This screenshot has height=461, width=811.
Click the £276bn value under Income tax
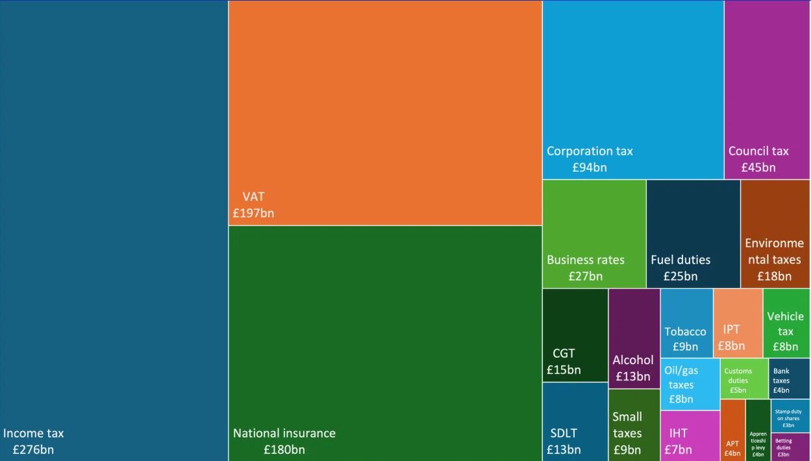point(33,450)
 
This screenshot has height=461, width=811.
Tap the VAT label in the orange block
point(253,197)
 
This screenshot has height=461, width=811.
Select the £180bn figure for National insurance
point(284,450)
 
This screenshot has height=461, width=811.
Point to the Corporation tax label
point(590,151)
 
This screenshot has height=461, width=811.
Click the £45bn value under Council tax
point(758,168)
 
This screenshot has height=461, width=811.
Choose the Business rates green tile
point(594,234)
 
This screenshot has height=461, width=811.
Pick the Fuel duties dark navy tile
point(693,234)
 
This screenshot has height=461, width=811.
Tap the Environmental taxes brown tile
point(775,234)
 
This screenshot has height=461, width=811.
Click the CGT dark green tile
point(575,336)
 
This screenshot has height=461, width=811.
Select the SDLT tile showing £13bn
point(575,422)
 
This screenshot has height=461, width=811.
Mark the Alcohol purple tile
point(634,339)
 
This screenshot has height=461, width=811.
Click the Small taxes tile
point(634,425)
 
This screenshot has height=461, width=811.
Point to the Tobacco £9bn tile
point(686,323)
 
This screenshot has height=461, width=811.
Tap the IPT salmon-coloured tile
point(738,323)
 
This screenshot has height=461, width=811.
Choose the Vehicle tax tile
point(786,323)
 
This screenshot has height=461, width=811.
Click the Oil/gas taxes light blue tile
point(690,384)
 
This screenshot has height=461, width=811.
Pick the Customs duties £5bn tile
point(744,378)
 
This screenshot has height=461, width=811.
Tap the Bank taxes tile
point(790,378)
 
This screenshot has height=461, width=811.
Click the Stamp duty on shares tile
point(790,416)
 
